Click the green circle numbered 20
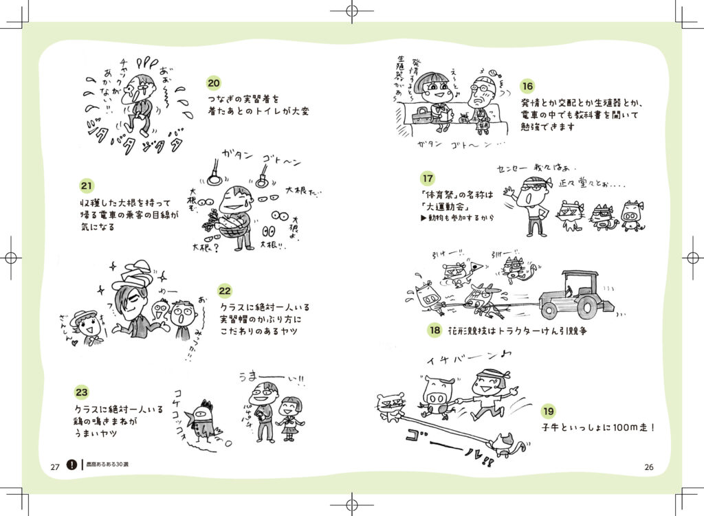pos(214,83)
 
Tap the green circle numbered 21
pos(87,186)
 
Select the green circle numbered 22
pos(225,291)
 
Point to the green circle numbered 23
pos(82,392)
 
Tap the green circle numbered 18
pos(434,330)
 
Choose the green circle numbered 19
pos(549,411)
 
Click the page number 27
pos(55,467)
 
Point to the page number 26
pos(648,467)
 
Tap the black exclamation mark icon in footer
pos(73,465)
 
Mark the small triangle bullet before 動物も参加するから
pos(423,218)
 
